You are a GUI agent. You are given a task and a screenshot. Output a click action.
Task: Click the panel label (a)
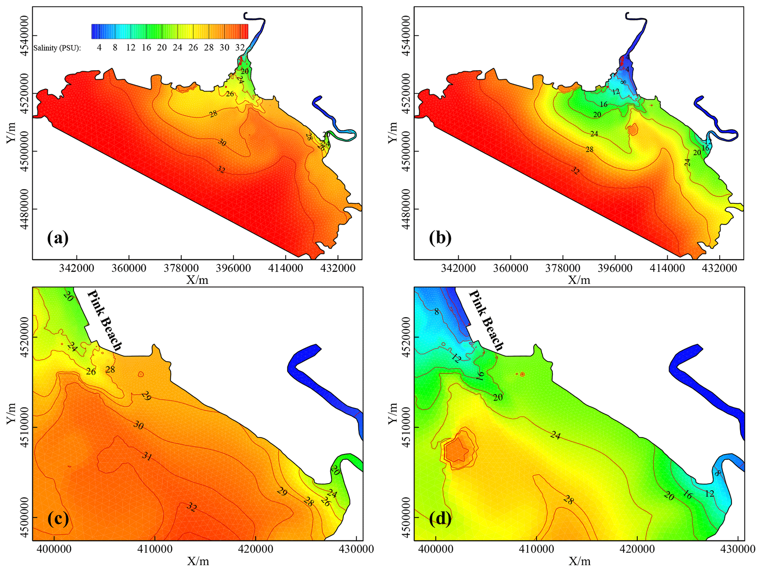(x=58, y=238)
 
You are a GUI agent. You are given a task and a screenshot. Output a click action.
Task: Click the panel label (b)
(x=440, y=238)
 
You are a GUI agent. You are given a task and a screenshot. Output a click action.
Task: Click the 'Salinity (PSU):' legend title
(x=57, y=48)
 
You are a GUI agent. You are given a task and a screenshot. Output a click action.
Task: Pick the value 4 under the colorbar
(x=99, y=48)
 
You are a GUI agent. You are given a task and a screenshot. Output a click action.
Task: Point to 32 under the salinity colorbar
(x=240, y=48)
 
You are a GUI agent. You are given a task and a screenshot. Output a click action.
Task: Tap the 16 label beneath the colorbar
(x=146, y=48)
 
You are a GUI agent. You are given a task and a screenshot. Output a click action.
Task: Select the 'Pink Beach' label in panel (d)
(x=486, y=320)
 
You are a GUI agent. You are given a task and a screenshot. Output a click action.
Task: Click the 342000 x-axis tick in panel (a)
(x=77, y=268)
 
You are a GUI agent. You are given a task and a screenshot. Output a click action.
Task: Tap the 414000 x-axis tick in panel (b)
(x=667, y=268)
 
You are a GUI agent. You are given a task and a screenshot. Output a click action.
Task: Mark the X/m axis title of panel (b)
(x=579, y=280)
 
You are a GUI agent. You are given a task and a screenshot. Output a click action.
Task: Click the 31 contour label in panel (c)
(x=147, y=456)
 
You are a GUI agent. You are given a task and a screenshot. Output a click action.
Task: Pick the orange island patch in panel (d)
(x=458, y=450)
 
